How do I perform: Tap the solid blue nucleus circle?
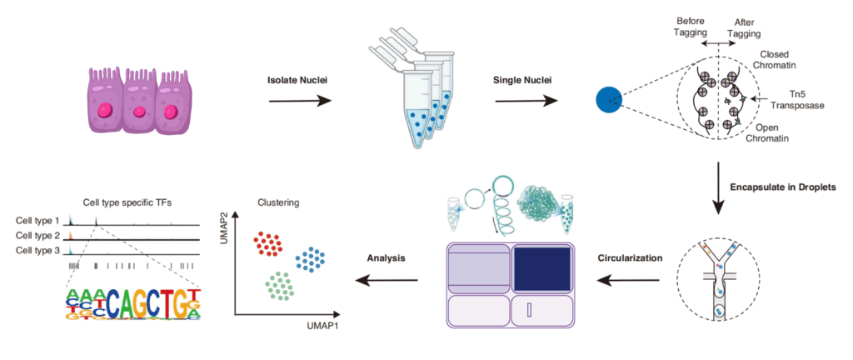[609, 101]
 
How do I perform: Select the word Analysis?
[386, 257]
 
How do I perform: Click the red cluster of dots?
[267, 243]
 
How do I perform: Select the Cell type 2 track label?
[38, 236]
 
